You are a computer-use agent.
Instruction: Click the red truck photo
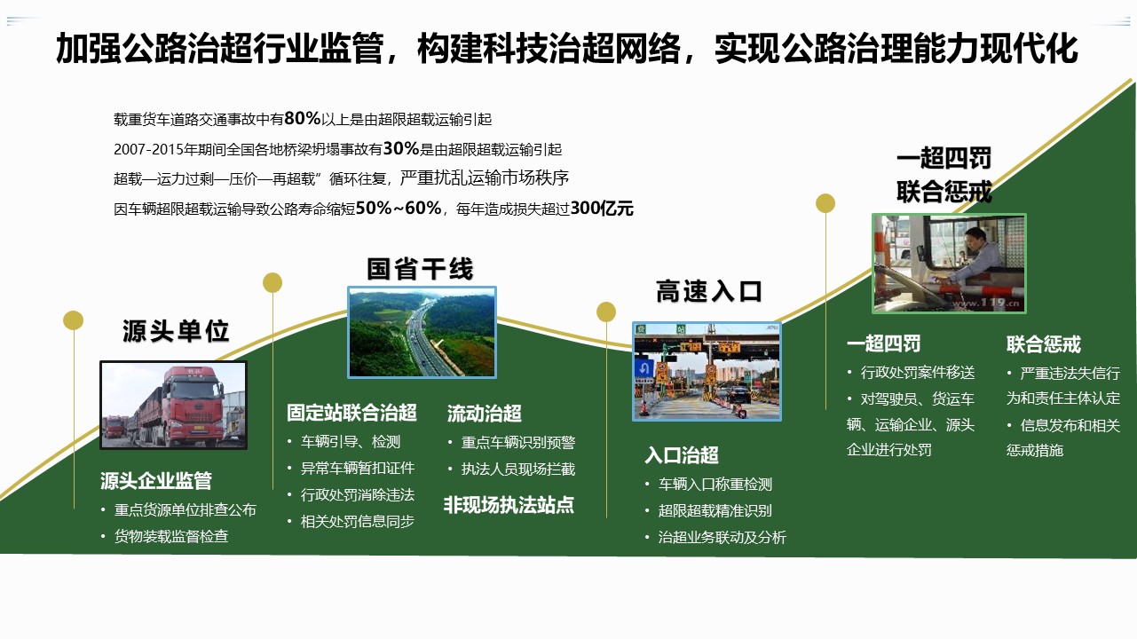pos(174,405)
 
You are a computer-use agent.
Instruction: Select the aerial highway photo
pos(422,333)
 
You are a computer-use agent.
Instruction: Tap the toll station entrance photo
pos(707,372)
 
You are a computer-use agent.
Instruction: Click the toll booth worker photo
pos(949,264)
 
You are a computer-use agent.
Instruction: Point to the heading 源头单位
pos(176,331)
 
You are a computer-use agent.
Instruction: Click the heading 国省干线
pos(421,269)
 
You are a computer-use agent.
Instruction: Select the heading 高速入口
pos(709,291)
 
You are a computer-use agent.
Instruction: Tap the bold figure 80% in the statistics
pos(303,118)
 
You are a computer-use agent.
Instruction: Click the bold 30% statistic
pos(401,148)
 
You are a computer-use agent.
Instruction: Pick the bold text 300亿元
pos(602,208)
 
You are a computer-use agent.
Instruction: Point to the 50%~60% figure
pos(399,208)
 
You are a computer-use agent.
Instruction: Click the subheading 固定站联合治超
pos(351,413)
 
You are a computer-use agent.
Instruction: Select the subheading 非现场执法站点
pos(509,505)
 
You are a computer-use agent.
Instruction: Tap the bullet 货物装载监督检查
pos(171,536)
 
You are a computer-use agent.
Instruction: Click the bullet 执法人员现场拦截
pos(518,469)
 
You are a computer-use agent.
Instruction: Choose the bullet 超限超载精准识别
pos(715,510)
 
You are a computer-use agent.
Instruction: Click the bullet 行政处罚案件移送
pos(918,373)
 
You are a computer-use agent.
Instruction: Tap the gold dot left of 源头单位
pos(73,320)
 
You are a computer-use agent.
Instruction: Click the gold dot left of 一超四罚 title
pos(825,203)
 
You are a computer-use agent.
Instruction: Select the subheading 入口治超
pos(682,455)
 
